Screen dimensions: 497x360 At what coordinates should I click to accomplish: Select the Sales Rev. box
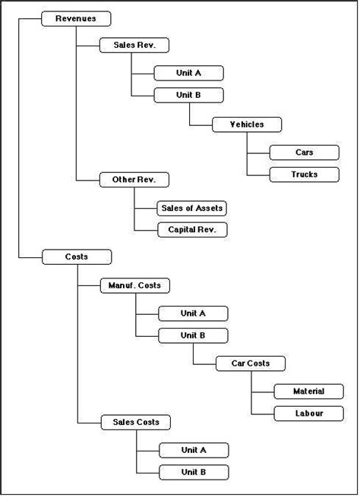point(134,46)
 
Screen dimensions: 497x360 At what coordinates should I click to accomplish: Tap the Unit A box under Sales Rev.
point(188,73)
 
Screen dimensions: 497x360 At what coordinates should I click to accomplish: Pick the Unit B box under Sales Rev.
point(188,96)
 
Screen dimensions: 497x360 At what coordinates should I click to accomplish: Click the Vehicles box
point(247,124)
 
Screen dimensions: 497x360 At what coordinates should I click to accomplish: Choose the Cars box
point(304,153)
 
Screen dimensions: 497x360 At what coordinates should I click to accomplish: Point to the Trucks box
point(304,175)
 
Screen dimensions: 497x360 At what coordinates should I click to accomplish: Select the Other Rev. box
point(134,180)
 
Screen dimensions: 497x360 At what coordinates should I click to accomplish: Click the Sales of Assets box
point(192,208)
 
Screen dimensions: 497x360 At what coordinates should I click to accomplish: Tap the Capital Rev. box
point(192,230)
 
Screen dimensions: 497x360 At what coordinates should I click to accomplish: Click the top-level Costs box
point(77,257)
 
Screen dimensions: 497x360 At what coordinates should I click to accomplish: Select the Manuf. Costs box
point(135,286)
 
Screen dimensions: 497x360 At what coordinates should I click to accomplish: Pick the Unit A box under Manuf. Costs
point(193,313)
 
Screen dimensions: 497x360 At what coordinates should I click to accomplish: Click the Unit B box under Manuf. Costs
point(193,335)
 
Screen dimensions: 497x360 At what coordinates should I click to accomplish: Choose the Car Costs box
point(251,363)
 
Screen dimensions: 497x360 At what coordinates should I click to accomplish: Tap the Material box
point(308,392)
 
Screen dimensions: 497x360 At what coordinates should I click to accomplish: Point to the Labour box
point(308,414)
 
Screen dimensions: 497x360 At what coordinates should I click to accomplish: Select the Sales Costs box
point(135,422)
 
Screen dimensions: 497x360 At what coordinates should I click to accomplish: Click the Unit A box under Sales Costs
point(193,450)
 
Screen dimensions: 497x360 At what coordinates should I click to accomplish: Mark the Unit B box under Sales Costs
point(193,472)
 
